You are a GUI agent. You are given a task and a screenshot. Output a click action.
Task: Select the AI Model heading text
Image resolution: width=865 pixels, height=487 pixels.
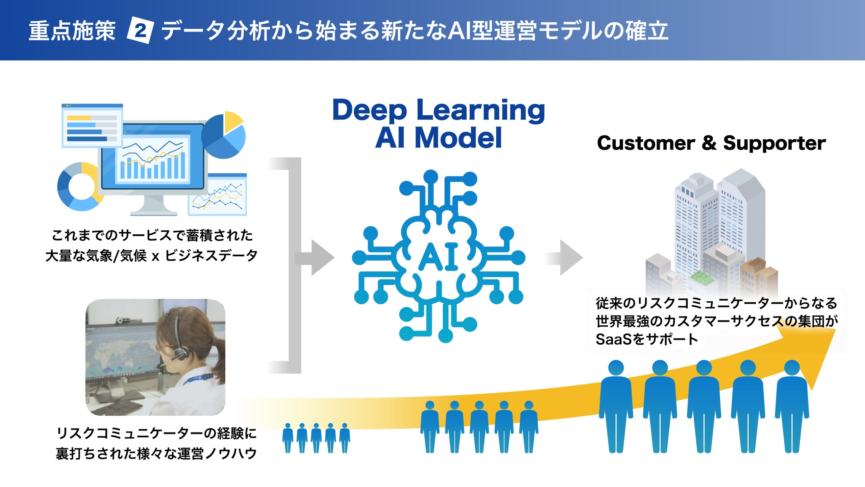pyautogui.click(x=439, y=138)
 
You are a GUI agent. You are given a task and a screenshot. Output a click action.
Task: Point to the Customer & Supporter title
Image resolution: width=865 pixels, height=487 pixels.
pyautogui.click(x=711, y=143)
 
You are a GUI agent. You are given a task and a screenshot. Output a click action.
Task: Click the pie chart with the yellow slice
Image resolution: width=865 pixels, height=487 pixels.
pyautogui.click(x=224, y=135)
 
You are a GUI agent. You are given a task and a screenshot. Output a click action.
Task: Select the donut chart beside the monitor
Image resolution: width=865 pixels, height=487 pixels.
pyautogui.click(x=78, y=187)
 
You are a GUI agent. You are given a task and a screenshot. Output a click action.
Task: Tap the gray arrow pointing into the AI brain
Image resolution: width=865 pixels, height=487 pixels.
pyautogui.click(x=316, y=258)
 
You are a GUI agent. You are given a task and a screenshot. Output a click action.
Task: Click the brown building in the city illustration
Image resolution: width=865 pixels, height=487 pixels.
pyautogui.click(x=757, y=276)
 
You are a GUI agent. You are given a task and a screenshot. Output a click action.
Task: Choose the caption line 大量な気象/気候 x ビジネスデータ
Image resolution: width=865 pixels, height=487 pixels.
pyautogui.click(x=151, y=256)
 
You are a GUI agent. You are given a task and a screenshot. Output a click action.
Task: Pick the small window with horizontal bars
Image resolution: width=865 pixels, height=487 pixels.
pyautogui.click(x=92, y=126)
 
